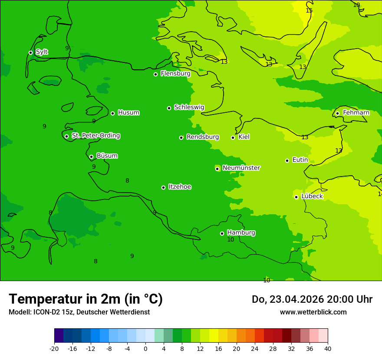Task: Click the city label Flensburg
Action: [175, 74]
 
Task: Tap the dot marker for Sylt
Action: [30, 52]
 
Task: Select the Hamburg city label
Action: [241, 233]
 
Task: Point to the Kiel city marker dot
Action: [233, 137]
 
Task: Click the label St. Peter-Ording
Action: [95, 136]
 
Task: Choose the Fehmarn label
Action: [356, 113]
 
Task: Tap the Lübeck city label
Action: [312, 196]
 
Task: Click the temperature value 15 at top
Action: [309, 10]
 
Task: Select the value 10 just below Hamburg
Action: [231, 240]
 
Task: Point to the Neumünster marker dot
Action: [217, 169]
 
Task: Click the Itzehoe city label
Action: [180, 187]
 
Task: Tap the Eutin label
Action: [300, 160]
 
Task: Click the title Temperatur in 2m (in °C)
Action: [86, 299]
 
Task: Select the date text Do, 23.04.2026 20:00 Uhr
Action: [312, 299]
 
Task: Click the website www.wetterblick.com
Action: [313, 312]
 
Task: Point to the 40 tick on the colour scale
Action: [328, 348]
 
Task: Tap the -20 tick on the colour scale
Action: [54, 348]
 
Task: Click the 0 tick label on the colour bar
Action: [145, 348]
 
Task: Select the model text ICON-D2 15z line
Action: [79, 312]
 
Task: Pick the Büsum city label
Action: [107, 156]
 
